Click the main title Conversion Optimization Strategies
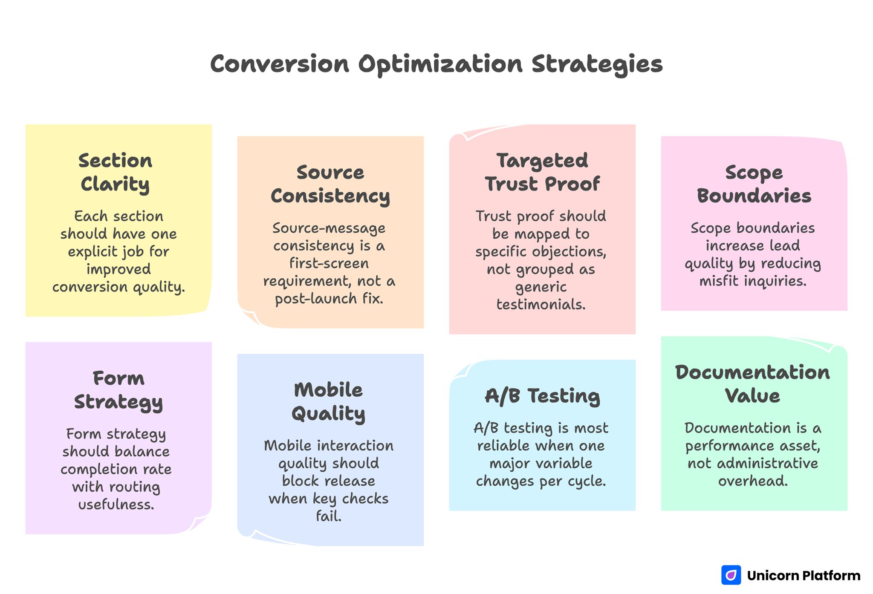[x=436, y=64]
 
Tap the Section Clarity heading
[x=115, y=172]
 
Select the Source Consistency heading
[x=330, y=184]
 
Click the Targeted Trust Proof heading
[x=542, y=172]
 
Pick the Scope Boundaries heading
[x=754, y=184]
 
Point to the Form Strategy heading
[x=119, y=390]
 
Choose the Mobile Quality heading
[x=328, y=401]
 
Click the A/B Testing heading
[x=542, y=396]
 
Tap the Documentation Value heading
[x=753, y=384]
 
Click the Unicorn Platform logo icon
[x=731, y=575]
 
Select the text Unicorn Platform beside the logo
[x=804, y=576]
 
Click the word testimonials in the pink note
[x=541, y=304]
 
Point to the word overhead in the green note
[x=752, y=481]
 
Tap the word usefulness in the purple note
[x=116, y=505]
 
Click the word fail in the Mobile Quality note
[x=328, y=516]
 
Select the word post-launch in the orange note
[x=315, y=299]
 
